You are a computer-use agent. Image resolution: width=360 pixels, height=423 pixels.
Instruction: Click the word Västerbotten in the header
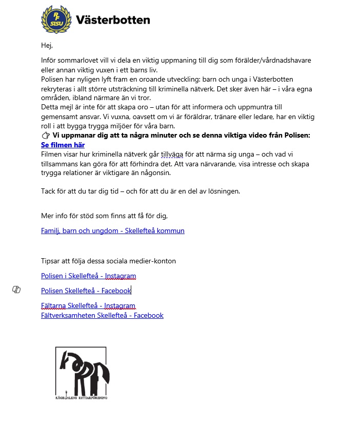coord(113,20)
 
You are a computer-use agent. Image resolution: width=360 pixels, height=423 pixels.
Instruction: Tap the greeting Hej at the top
coord(47,46)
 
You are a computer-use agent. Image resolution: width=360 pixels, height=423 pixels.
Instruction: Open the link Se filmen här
coord(63,145)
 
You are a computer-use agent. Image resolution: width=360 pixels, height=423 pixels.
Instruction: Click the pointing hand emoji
coord(46,136)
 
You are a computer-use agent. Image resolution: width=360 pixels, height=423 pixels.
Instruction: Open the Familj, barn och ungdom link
coord(112,230)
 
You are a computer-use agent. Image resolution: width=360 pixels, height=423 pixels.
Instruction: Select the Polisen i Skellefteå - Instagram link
coord(88,276)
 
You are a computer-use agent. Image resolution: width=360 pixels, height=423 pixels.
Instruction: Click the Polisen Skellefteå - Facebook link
coord(86,291)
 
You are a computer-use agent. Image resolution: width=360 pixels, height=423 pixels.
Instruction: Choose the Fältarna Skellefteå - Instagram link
coord(88,306)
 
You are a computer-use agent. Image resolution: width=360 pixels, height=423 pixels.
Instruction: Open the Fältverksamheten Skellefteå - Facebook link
coord(102,315)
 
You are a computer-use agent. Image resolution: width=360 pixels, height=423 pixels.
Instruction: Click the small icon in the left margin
coord(16,290)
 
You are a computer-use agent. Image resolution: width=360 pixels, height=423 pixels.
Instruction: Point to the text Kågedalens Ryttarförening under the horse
coord(81,397)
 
